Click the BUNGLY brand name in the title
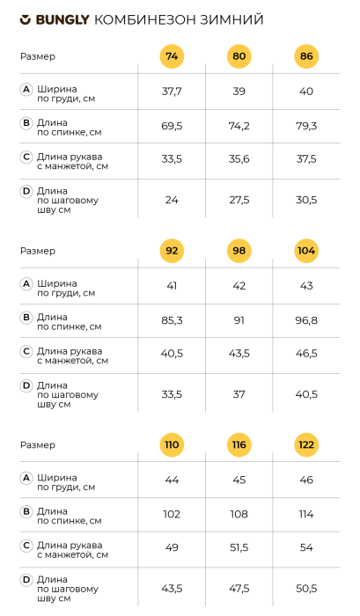(x=62, y=19)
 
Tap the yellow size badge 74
(x=172, y=56)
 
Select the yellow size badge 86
(x=306, y=56)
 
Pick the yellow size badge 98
(x=239, y=250)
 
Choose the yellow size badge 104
(x=306, y=250)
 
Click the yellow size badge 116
(x=239, y=444)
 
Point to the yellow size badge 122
(x=306, y=444)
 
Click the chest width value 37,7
(x=172, y=92)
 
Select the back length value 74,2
(x=239, y=126)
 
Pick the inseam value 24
(x=172, y=200)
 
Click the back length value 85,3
(x=172, y=319)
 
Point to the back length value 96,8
(x=306, y=319)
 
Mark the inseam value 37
(x=239, y=394)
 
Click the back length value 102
(x=172, y=514)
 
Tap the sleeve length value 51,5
(x=239, y=547)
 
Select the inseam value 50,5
(x=306, y=588)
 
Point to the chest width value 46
(x=306, y=480)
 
